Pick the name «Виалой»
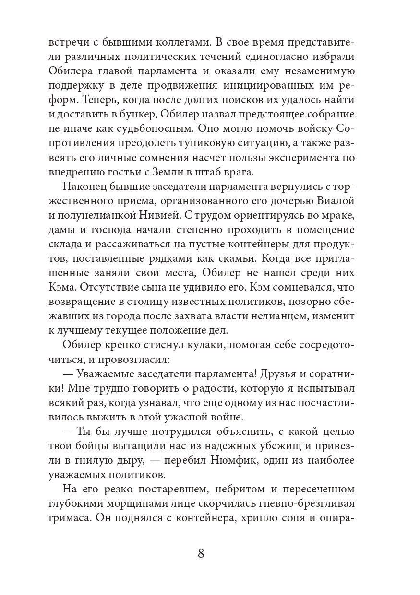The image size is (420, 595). click(x=353, y=205)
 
